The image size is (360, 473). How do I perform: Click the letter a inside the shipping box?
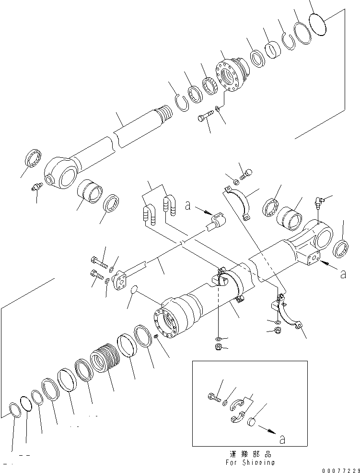pyautogui.click(x=282, y=438)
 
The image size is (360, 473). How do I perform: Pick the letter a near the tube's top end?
pyautogui.click(x=188, y=207)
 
